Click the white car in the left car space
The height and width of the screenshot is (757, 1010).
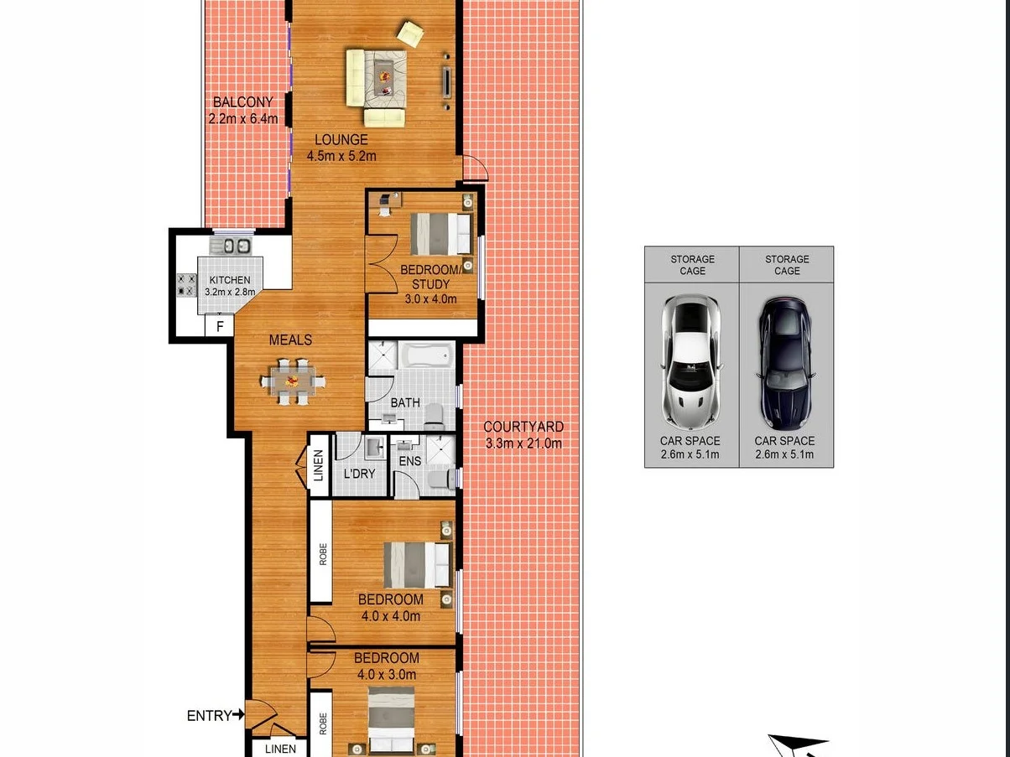coord(691,361)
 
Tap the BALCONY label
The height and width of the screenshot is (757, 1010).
coord(242,102)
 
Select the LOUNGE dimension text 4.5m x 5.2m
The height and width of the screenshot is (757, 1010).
coord(341,156)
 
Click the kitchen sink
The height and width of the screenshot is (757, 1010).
coord(231,245)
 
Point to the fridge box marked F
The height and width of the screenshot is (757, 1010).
coord(220,326)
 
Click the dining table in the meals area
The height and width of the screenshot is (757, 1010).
coord(292,381)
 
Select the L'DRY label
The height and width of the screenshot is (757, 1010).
coord(360,474)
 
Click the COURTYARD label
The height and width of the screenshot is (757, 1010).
coord(523,427)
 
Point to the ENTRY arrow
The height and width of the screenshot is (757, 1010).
coord(239,715)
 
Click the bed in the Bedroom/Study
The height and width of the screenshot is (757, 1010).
coord(440,234)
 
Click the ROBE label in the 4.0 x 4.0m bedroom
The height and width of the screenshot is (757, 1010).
coord(322,553)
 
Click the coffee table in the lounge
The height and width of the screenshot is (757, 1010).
coord(385,75)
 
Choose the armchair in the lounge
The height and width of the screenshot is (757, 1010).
coord(410,34)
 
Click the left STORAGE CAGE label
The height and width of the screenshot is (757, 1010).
coord(692,265)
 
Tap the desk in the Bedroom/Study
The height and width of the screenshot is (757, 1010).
coord(388,201)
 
